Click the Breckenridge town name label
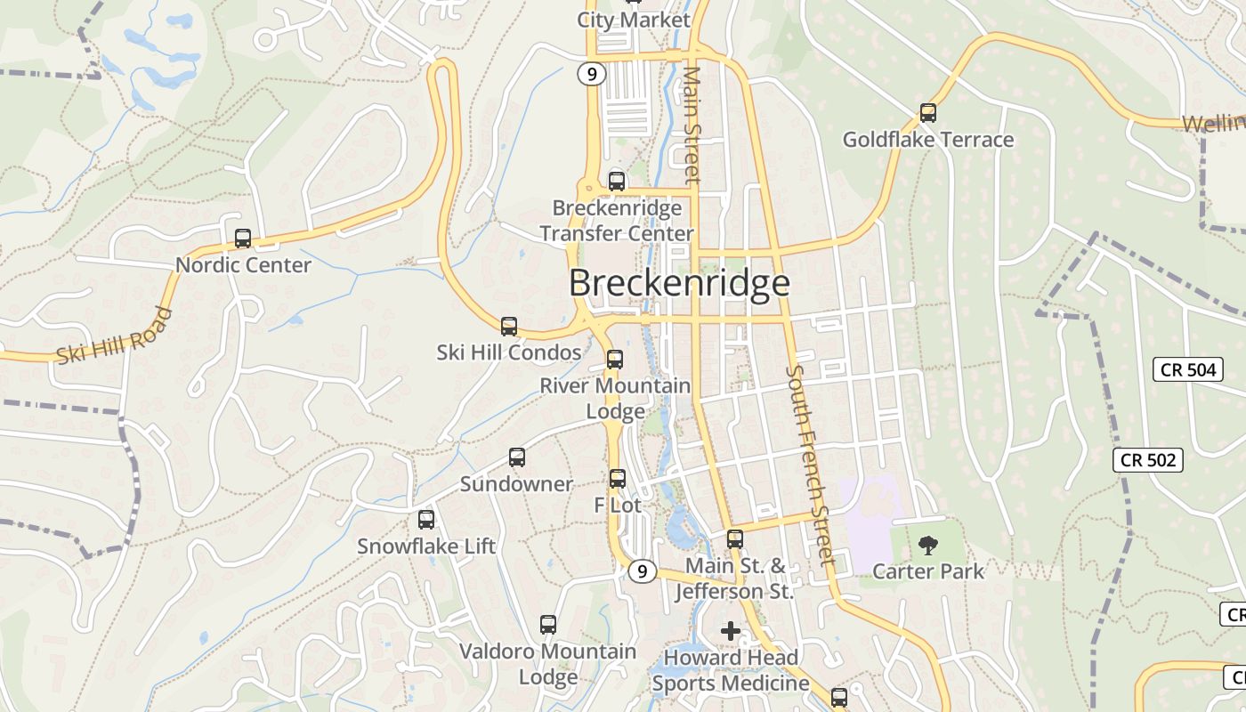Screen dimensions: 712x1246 click(679, 283)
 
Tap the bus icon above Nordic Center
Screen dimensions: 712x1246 click(243, 239)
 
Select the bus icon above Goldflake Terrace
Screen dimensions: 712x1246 click(928, 113)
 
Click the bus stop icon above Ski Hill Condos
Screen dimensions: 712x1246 click(509, 327)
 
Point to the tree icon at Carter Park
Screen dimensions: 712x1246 click(928, 545)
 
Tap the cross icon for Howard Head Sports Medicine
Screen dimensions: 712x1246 click(731, 632)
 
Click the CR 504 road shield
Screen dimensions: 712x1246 click(1188, 369)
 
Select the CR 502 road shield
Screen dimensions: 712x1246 click(1148, 460)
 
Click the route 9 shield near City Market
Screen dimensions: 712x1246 click(591, 74)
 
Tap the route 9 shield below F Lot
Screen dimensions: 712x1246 click(642, 571)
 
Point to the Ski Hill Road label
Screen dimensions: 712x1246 click(114, 336)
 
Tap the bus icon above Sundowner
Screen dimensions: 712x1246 click(517, 457)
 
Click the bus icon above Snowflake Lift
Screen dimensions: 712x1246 click(426, 520)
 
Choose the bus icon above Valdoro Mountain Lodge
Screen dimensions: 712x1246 click(548, 625)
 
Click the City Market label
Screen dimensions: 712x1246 click(634, 20)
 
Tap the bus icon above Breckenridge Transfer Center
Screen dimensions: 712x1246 click(617, 182)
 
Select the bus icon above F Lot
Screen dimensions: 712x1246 click(618, 479)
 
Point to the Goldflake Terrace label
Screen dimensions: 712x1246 click(928, 140)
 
